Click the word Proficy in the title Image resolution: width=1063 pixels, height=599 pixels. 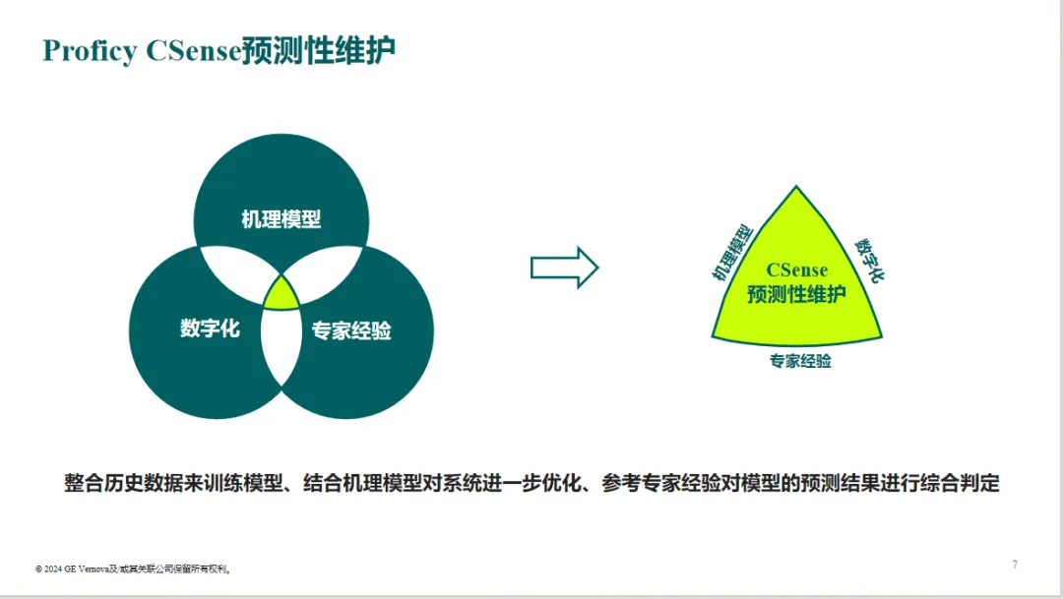[90, 51]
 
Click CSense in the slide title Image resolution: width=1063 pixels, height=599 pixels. [194, 51]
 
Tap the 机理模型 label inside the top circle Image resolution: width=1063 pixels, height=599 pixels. [281, 219]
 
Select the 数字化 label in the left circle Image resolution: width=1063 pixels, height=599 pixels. [211, 328]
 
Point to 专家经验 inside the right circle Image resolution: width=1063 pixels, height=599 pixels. [351, 330]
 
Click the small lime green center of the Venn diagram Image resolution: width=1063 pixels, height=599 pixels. [281, 295]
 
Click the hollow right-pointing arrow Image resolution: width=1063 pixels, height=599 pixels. [564, 268]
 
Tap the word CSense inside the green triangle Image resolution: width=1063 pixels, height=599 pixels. [796, 270]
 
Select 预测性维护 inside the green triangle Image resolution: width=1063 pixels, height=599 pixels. [796, 294]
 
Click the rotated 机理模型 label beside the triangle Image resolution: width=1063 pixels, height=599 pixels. [732, 252]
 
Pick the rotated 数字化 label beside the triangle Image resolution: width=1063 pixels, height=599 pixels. [869, 260]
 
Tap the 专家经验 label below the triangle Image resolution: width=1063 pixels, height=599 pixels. [800, 361]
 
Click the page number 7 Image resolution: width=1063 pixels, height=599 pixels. [1015, 565]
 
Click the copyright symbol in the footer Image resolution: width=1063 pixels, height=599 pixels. [38, 569]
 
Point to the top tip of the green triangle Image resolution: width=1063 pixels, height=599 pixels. [796, 186]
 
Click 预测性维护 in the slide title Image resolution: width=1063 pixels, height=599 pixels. [319, 51]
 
